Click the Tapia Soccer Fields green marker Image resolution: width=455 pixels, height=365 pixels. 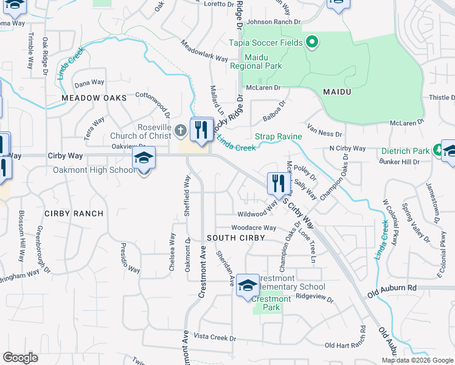click(312, 43)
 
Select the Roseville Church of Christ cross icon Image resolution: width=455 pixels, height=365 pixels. click(179, 130)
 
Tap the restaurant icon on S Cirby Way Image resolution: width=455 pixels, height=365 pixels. click(277, 183)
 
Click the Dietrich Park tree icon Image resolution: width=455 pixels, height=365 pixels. click(437, 150)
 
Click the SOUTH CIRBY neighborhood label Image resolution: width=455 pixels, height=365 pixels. click(235, 238)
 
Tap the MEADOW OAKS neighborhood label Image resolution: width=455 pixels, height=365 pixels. click(94, 98)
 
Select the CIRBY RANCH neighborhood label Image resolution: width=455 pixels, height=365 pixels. click(74, 214)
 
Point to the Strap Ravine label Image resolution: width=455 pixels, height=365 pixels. click(278, 137)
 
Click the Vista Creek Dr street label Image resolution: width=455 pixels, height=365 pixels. click(214, 337)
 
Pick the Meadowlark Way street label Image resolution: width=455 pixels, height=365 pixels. click(204, 51)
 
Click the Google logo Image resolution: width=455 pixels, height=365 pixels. click(21, 358)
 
